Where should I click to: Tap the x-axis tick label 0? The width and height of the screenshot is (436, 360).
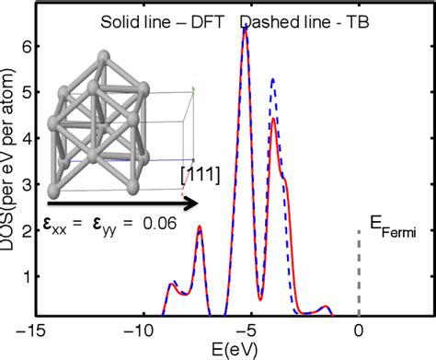(x=359, y=330)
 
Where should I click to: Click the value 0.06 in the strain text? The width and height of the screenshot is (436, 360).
(x=168, y=222)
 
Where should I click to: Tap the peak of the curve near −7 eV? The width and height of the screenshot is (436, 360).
(x=200, y=227)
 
